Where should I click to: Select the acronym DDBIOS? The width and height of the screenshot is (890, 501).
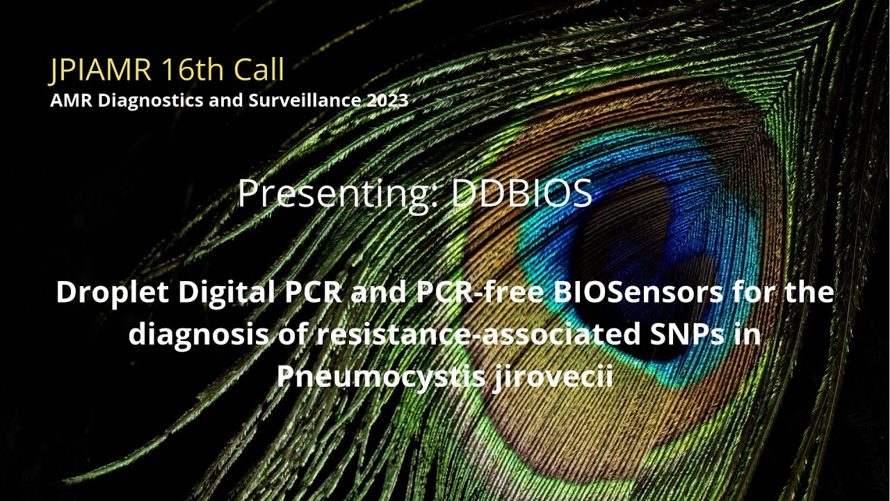click(x=521, y=194)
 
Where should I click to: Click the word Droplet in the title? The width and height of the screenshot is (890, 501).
click(x=112, y=293)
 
